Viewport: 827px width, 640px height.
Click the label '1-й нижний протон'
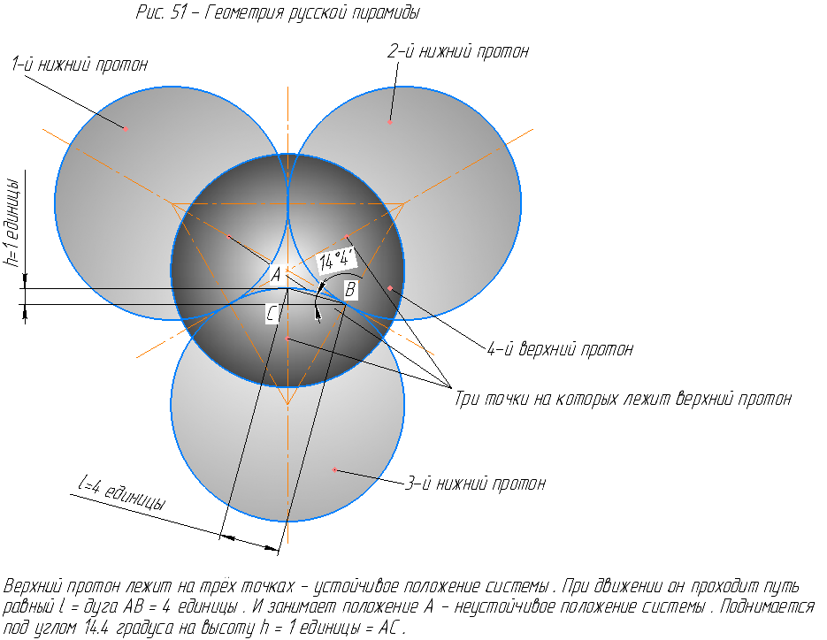(x=80, y=65)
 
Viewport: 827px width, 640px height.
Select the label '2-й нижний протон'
(x=458, y=51)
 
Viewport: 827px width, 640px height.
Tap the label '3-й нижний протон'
(x=475, y=484)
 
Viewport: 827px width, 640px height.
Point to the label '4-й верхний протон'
(x=560, y=349)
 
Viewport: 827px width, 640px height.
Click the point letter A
(x=276, y=275)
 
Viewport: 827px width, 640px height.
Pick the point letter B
(x=350, y=288)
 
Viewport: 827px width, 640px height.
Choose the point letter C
(x=272, y=312)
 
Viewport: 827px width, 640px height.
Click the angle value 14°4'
(x=336, y=260)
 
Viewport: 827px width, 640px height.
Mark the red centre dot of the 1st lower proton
(x=126, y=129)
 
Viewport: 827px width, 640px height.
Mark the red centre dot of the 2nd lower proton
(x=389, y=121)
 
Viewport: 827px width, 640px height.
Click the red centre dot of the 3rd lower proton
(x=334, y=469)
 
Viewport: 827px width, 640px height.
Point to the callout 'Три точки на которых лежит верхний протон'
(x=623, y=399)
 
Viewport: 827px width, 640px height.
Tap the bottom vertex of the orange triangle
(x=287, y=405)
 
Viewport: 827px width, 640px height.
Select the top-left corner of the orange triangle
(x=172, y=203)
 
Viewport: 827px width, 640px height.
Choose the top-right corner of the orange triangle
(x=404, y=203)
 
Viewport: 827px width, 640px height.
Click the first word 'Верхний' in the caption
(x=33, y=587)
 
